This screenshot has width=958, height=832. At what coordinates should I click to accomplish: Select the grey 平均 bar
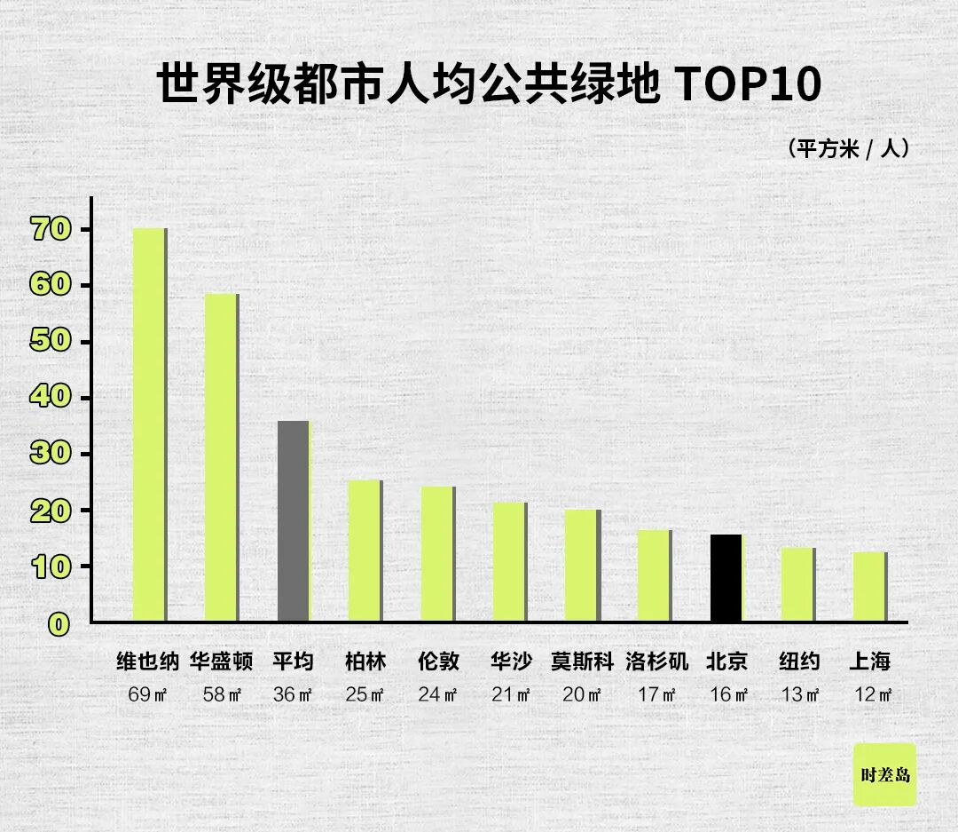[x=294, y=521]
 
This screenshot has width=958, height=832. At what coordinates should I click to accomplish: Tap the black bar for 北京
[x=726, y=578]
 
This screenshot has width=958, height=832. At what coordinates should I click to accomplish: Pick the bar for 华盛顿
[x=221, y=457]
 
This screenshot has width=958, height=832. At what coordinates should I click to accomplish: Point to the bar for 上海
[x=869, y=587]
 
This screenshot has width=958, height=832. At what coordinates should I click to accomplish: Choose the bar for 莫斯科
[x=582, y=566]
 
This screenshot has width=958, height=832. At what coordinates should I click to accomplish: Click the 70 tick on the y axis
[x=50, y=229]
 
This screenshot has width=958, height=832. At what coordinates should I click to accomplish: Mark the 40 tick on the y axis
[x=50, y=397]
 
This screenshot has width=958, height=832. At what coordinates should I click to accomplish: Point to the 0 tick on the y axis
[x=59, y=624]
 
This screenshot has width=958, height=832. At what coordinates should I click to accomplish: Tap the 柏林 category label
[x=365, y=662]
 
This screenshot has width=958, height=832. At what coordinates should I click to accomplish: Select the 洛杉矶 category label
[x=656, y=662]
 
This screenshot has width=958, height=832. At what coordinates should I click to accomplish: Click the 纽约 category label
[x=799, y=662]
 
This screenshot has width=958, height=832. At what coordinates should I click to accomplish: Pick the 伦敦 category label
[x=438, y=662]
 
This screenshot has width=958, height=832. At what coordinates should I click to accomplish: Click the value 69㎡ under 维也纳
[x=147, y=694]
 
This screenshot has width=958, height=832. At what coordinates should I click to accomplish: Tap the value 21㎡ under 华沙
[x=511, y=694]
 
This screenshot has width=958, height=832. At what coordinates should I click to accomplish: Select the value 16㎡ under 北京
[x=727, y=694]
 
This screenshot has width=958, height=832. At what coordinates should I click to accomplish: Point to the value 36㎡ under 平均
[x=293, y=694]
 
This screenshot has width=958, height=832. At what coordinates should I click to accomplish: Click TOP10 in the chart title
[x=749, y=85]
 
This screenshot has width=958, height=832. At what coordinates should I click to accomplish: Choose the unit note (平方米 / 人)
[x=848, y=148]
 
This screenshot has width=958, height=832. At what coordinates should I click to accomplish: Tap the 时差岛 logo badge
[x=884, y=774]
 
